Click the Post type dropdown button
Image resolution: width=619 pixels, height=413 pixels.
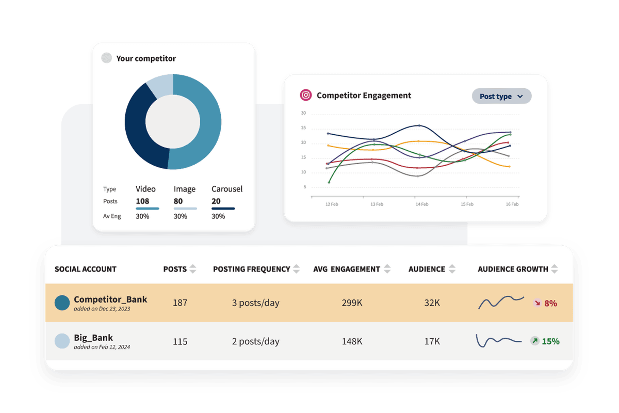(x=501, y=96)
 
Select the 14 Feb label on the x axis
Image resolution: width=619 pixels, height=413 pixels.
(x=421, y=204)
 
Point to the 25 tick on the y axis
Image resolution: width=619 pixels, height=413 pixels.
(x=303, y=128)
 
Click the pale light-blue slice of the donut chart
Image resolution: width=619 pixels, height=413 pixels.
(x=160, y=84)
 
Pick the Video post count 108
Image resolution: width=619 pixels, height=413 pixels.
(x=142, y=201)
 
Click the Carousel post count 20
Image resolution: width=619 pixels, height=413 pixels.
(x=216, y=201)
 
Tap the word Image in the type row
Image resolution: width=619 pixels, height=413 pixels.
(x=185, y=189)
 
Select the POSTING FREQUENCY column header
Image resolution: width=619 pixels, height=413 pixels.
(x=252, y=269)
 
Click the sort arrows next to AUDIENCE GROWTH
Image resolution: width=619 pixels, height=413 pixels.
(x=555, y=269)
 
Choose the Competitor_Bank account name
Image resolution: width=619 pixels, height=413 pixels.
(x=110, y=299)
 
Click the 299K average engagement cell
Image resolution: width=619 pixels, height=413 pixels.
(x=352, y=303)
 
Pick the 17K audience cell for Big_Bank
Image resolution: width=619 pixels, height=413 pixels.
(x=432, y=341)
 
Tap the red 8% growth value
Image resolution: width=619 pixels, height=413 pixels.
(x=550, y=304)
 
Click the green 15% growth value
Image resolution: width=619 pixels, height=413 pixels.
(x=550, y=341)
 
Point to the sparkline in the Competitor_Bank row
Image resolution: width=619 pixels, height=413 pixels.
(x=501, y=302)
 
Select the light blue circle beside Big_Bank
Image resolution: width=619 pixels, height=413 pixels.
(x=62, y=341)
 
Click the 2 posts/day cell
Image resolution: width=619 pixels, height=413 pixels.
(x=255, y=341)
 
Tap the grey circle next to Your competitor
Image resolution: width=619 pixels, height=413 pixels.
(x=106, y=58)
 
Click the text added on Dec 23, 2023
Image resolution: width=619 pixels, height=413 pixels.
(x=102, y=309)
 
